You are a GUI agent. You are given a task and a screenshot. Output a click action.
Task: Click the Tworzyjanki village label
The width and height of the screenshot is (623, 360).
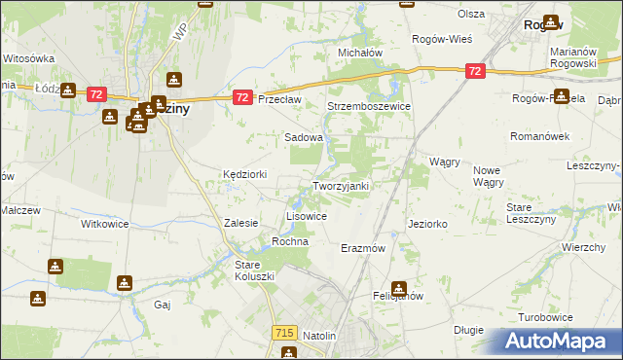pos(340,186)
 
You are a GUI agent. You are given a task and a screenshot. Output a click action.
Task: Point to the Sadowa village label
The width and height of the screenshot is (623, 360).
pos(303,138)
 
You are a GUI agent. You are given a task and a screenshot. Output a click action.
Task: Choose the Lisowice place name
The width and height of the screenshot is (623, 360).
pos(306,216)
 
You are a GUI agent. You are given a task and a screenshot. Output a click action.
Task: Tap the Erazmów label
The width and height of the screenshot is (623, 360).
pos(364,248)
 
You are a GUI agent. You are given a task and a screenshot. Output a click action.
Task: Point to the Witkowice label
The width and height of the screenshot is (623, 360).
pos(105,223)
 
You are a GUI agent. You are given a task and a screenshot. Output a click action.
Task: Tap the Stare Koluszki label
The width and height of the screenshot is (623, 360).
pos(256,270)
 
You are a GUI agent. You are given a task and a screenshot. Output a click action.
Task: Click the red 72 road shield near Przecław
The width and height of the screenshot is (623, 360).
pos(243,98)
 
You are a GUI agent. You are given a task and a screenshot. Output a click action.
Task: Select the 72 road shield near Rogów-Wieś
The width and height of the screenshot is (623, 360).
pos(474,71)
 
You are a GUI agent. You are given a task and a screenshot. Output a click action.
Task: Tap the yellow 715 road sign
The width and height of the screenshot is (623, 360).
pos(284,333)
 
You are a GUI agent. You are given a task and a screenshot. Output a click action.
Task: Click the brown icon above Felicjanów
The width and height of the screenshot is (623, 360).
pos(398,288)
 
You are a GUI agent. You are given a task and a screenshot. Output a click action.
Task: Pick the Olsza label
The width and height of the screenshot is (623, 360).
pos(471,14)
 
